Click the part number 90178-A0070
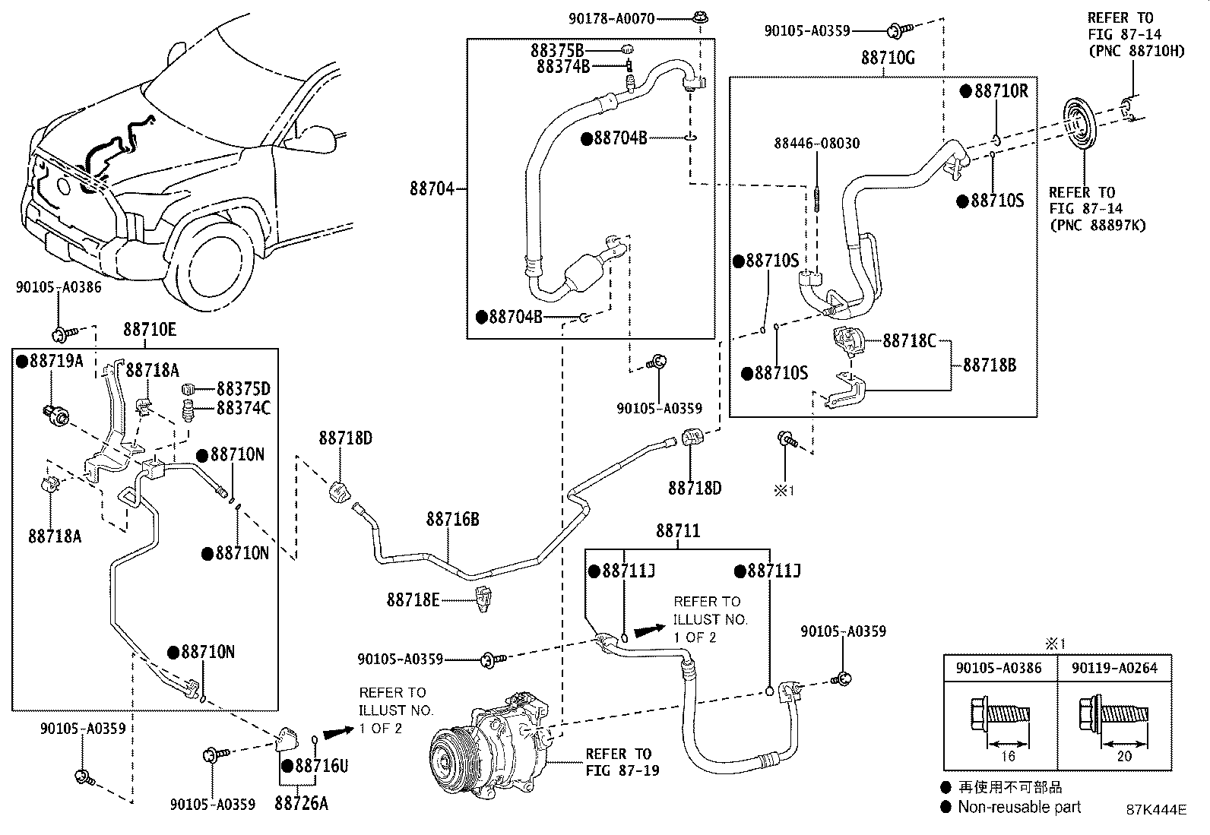[611, 19]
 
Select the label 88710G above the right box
[888, 58]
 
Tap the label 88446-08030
[817, 143]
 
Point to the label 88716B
[453, 519]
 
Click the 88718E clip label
[413, 599]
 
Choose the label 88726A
[301, 803]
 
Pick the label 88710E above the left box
[150, 329]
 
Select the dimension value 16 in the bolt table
[1008, 756]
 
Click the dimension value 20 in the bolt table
[1124, 756]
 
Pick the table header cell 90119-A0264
[1114, 668]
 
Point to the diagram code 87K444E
[1156, 809]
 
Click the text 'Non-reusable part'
[1019, 807]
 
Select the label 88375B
[557, 50]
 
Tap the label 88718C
[909, 341]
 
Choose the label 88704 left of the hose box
[432, 188]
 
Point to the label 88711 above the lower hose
[678, 531]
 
